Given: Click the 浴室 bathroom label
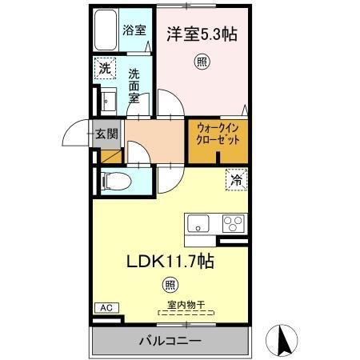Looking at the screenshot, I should click(x=134, y=31).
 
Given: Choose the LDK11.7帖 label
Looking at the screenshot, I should click(x=170, y=260).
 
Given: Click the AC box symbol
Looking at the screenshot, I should click(x=105, y=307).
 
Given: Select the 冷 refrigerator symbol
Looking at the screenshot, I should click(x=236, y=180).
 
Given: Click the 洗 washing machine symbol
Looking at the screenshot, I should click(x=105, y=68).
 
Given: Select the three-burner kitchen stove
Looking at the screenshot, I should click(x=232, y=222).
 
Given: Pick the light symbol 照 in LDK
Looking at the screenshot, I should click(x=169, y=283).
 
